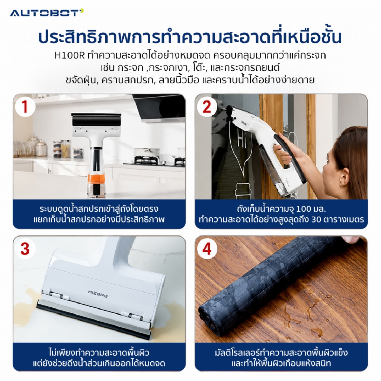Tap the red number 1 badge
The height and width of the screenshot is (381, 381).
click(25, 107)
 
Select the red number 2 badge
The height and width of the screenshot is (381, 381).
click(207, 107)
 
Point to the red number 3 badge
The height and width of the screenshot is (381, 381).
click(25, 249)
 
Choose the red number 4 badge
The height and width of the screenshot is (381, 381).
click(207, 249)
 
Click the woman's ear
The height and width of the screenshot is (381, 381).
click(342, 179)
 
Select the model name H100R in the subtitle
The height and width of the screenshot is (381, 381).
click(70, 56)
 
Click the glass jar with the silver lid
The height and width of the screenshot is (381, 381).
click(41, 148)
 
